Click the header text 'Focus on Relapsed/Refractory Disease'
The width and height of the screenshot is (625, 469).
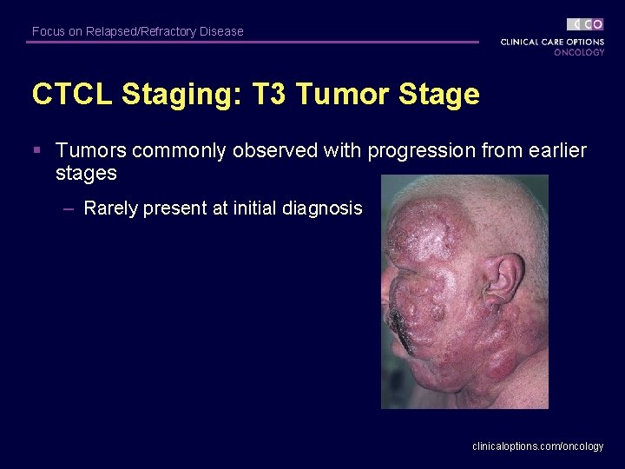[x=137, y=31]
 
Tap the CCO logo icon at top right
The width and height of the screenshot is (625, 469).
[x=585, y=24]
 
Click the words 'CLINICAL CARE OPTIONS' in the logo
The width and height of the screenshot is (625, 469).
[x=552, y=42]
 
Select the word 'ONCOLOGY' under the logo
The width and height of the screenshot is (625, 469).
[x=579, y=52]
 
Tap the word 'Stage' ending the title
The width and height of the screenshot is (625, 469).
[x=437, y=94]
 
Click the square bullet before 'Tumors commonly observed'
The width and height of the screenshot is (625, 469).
[x=36, y=151]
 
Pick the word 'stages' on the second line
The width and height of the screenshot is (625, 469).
[x=86, y=173]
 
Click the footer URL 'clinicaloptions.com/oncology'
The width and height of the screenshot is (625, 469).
[x=537, y=446]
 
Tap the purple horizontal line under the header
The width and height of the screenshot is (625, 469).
[x=252, y=42]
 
